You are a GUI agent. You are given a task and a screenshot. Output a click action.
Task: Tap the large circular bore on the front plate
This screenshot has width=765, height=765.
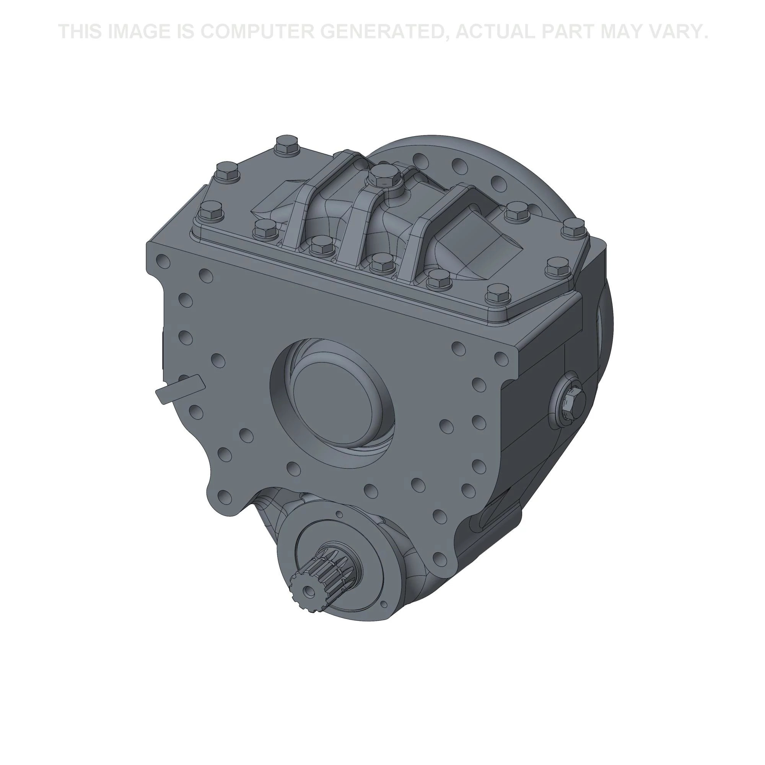333,400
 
